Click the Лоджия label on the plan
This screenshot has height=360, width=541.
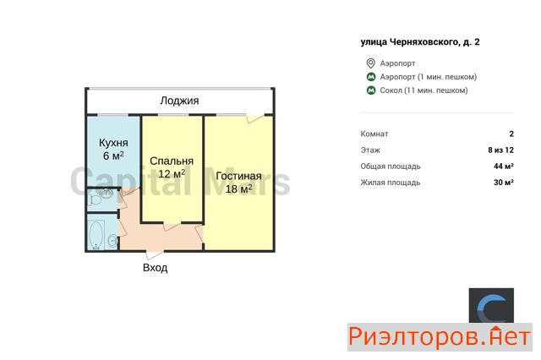pyautogui.click(x=179, y=101)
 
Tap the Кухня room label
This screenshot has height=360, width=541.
pyautogui.click(x=113, y=143)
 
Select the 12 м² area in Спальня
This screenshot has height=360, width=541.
pyautogui.click(x=172, y=173)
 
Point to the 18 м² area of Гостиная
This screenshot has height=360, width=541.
pyautogui.click(x=238, y=188)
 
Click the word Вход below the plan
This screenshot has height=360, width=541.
pyautogui.click(x=156, y=268)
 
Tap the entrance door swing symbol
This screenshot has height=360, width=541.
pyautogui.click(x=154, y=255)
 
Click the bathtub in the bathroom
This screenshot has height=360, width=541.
pyautogui.click(x=96, y=235)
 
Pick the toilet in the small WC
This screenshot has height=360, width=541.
pyautogui.click(x=94, y=199)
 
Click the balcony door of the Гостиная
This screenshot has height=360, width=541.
pyautogui.click(x=255, y=117)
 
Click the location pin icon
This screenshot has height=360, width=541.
pyautogui.click(x=370, y=63)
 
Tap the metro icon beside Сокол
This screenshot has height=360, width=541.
pyautogui.click(x=371, y=90)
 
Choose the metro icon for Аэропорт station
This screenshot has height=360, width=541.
pyautogui.click(x=371, y=77)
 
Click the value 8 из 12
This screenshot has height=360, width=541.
pyautogui.click(x=500, y=150)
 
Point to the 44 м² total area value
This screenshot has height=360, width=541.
pyautogui.click(x=504, y=166)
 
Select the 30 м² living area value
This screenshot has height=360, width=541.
pyautogui.click(x=504, y=182)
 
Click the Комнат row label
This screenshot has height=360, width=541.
pyautogui.click(x=374, y=134)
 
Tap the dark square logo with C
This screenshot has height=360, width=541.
pyautogui.click(x=491, y=306)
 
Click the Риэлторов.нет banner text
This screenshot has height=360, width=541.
pyautogui.click(x=440, y=337)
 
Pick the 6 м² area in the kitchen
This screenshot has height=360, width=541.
pyautogui.click(x=113, y=155)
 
